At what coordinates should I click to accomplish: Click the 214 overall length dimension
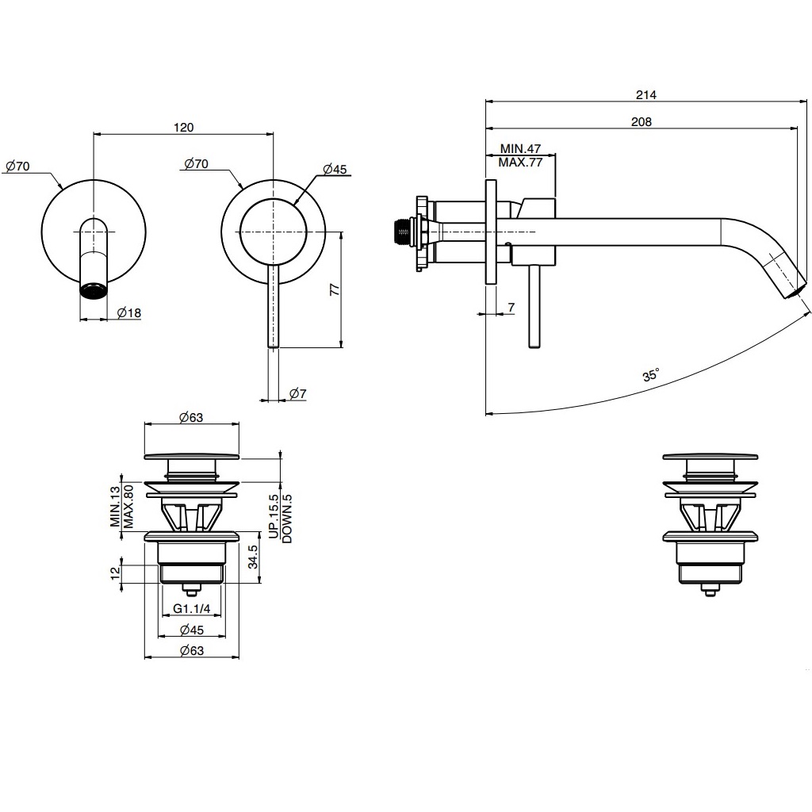(x=645, y=95)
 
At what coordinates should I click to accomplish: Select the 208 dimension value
(x=641, y=121)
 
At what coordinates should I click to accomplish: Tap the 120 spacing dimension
(x=183, y=127)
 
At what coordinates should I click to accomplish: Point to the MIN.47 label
(x=520, y=149)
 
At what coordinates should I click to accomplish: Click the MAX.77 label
(x=520, y=162)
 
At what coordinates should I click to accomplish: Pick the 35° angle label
(x=651, y=375)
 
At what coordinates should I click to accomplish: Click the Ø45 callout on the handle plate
(x=335, y=170)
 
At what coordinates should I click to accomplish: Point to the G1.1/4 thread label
(x=191, y=609)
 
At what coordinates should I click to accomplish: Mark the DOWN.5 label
(x=287, y=518)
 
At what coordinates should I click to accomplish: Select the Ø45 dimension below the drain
(x=191, y=630)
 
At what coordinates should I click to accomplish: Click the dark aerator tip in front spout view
(x=94, y=289)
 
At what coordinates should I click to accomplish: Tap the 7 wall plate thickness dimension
(x=510, y=306)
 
